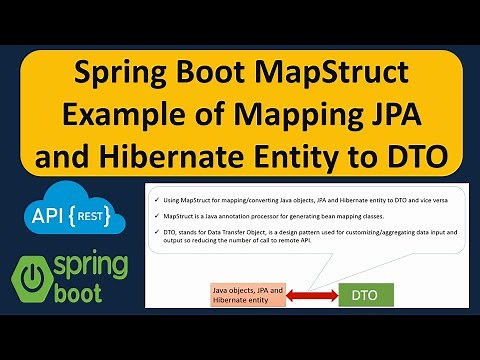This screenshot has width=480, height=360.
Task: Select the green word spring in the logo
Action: pos(94,268)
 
